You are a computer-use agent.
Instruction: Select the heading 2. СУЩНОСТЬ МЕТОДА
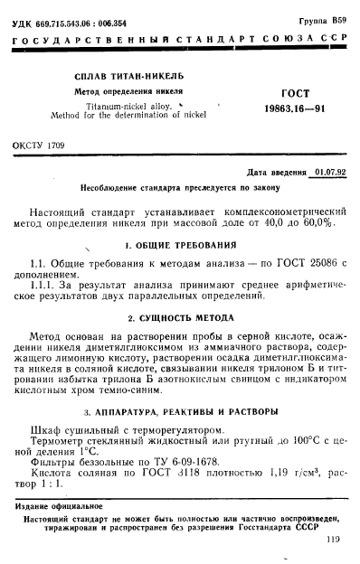click(184, 318)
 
